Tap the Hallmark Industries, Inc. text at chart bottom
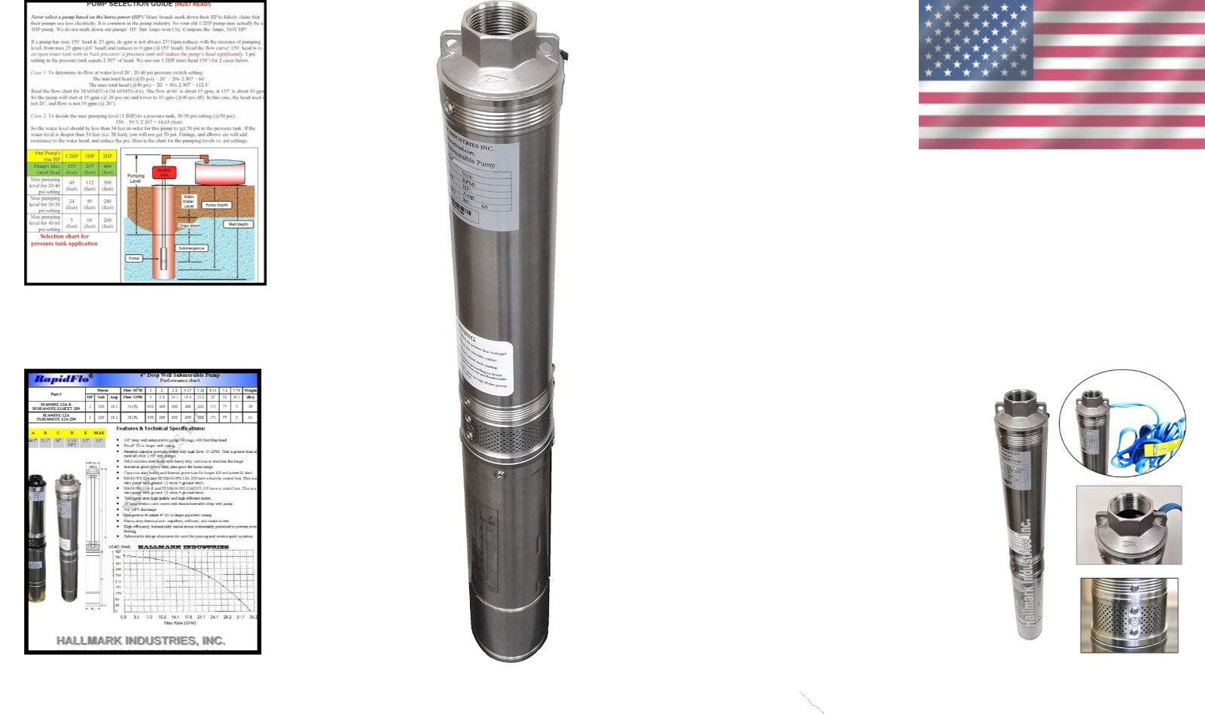pyautogui.click(x=141, y=640)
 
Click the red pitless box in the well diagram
pyautogui.click(x=163, y=172)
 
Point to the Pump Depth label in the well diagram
pyautogui.click(x=217, y=205)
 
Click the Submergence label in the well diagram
pyautogui.click(x=191, y=248)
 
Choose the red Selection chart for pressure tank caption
pyautogui.click(x=64, y=240)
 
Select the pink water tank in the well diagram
pyautogui.click(x=223, y=171)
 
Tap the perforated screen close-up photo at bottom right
pyautogui.click(x=1129, y=615)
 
